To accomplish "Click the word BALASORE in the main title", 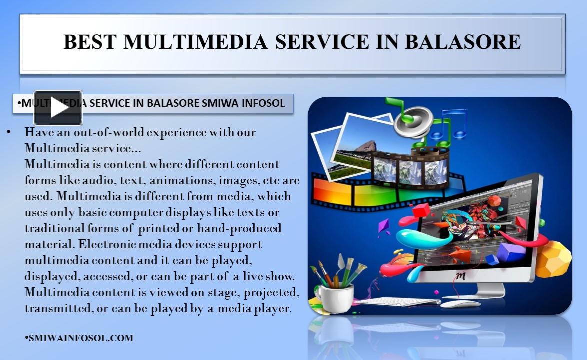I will (462, 42).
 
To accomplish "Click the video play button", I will (58, 108).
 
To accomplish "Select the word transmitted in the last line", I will (58, 309).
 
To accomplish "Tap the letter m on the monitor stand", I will (461, 275).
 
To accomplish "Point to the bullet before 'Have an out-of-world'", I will (9, 133).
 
